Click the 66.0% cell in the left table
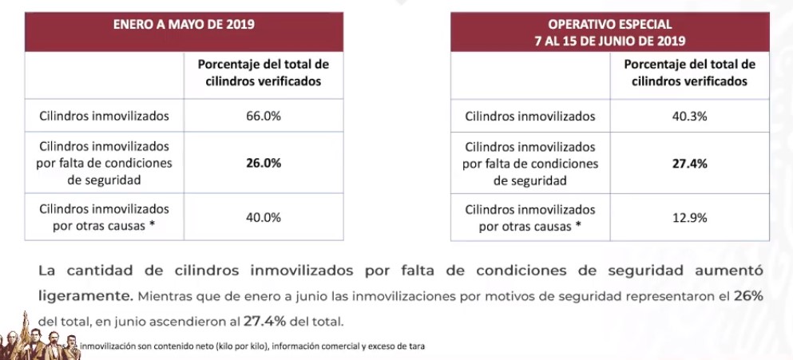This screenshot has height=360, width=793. [264, 116]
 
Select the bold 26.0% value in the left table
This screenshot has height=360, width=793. [264, 163]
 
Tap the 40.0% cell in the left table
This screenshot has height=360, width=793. [264, 217]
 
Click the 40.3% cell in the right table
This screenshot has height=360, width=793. [689, 116]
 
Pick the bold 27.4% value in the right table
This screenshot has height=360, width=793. [689, 163]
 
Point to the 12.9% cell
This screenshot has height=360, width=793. [689, 217]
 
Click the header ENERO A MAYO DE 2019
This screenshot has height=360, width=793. [184, 24]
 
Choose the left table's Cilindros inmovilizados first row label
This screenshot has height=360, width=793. [105, 116]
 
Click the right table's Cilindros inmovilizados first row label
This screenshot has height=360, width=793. [530, 116]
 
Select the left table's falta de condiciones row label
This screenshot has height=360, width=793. [105, 163]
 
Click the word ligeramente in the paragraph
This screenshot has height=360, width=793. [85, 295]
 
